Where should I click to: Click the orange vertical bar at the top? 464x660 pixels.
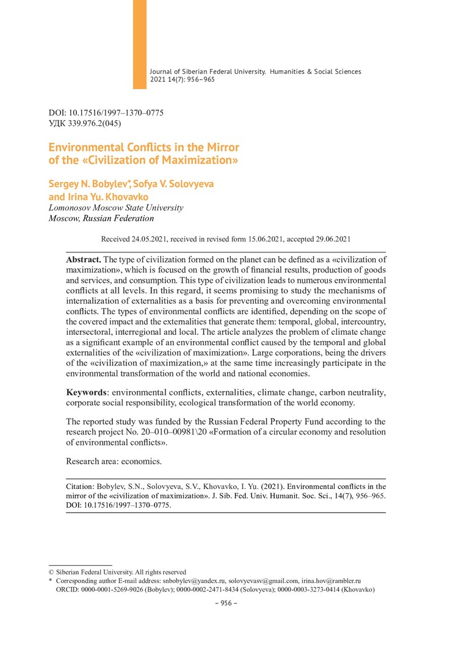pyautogui.click(x=139, y=44)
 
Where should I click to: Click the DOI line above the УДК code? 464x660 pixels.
pyautogui.click(x=106, y=113)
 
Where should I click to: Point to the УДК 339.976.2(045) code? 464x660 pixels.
pyautogui.click(x=84, y=123)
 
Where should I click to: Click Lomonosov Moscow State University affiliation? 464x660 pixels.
pyautogui.click(x=115, y=208)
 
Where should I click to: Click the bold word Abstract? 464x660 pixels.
pyautogui.click(x=84, y=259)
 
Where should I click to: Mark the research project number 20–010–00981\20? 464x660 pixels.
pyautogui.click(x=165, y=432)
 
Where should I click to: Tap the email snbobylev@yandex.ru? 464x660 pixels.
pyautogui.click(x=194, y=580)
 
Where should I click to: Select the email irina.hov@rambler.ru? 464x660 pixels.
pyautogui.click(x=332, y=580)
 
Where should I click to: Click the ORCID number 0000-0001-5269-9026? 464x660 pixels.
pyautogui.click(x=111, y=590)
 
